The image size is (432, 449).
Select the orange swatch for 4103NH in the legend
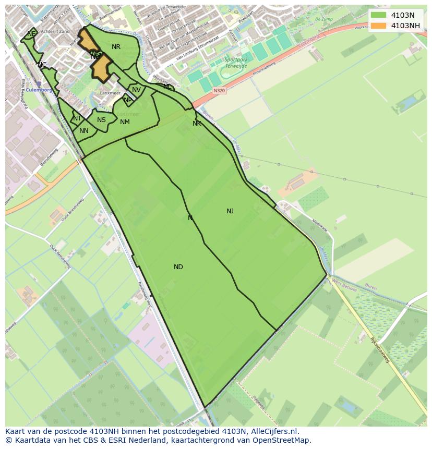379,26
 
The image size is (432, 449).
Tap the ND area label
178,267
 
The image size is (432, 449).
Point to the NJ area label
230,211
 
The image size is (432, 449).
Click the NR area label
116,47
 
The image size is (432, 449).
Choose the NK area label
197,124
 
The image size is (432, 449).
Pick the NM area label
125,122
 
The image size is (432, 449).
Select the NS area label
101,120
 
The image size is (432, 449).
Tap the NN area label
84,131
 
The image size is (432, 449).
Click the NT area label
77,118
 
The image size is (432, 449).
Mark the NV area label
136,90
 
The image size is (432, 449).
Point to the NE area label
32,33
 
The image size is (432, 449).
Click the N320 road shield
220,90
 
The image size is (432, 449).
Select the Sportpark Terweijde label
236,63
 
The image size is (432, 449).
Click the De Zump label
324,19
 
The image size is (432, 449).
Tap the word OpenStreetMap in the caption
282,440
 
